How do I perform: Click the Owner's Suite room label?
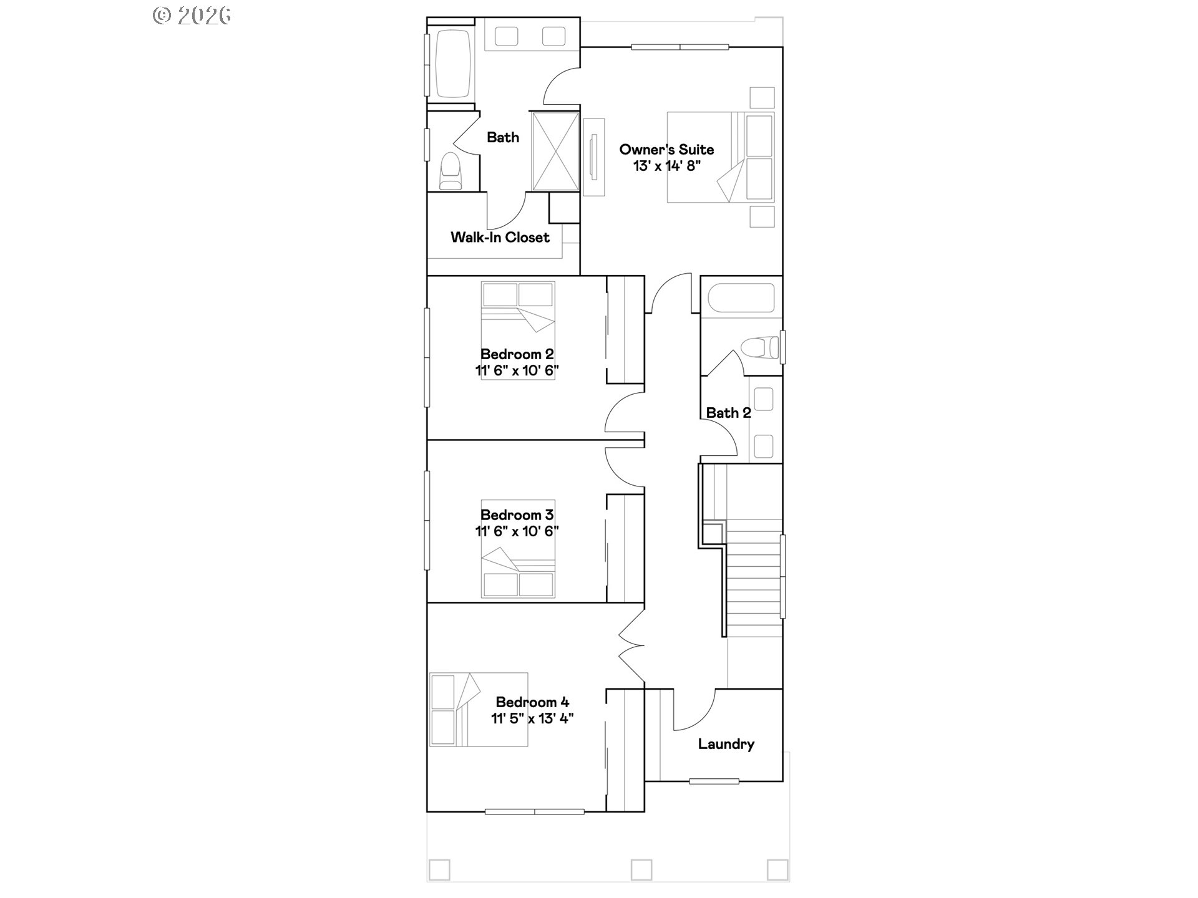click(666, 150)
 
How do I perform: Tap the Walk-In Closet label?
click(500, 237)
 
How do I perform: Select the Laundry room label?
click(726, 744)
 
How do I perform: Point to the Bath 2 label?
click(728, 413)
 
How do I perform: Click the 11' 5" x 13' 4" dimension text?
click(532, 718)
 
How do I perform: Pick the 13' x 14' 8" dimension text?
click(667, 167)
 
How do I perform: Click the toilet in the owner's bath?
click(450, 171)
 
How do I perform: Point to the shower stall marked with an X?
click(555, 151)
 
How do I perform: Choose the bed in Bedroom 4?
click(478, 709)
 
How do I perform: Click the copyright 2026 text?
click(192, 16)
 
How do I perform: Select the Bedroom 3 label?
click(517, 515)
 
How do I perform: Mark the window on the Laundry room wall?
click(714, 781)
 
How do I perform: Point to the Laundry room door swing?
click(694, 711)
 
